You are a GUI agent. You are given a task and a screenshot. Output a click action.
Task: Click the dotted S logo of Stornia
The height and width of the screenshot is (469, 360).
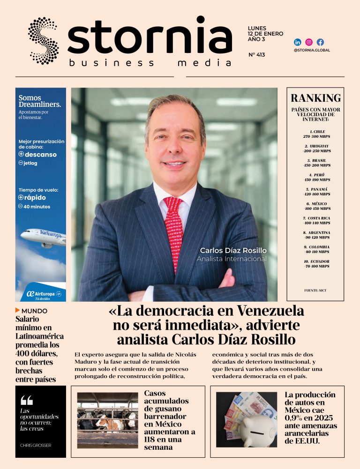click(43, 40)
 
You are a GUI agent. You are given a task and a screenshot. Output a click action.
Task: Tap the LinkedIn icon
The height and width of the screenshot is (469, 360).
click(297, 42)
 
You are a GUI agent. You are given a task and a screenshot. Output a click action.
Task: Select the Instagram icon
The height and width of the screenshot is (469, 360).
click(309, 42)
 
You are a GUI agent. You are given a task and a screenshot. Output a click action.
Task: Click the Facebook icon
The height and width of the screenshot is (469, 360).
click(320, 42)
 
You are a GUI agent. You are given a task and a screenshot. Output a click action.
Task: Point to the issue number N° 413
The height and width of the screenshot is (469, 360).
click(256, 55)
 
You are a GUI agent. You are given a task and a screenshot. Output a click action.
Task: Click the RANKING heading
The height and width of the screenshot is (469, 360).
click(315, 98)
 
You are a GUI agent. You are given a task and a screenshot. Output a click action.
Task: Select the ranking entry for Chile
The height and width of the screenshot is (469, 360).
click(317, 134)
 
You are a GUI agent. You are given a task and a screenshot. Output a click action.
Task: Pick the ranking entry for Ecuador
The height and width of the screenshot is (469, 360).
click(317, 264)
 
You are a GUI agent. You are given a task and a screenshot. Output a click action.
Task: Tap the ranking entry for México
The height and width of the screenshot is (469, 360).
click(317, 206)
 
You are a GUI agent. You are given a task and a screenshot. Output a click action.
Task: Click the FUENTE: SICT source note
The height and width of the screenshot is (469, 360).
click(315, 290)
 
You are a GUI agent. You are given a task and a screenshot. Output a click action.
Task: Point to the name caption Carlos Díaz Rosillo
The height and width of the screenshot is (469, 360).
click(233, 250)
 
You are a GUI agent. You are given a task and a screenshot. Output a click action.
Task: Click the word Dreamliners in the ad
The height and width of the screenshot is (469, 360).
click(39, 104)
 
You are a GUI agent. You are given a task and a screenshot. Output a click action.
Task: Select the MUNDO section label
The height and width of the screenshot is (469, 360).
click(34, 311)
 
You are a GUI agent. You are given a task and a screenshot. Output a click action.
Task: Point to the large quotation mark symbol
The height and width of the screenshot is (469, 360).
click(27, 400)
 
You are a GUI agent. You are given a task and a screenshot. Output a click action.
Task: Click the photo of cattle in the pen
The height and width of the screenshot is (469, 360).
click(107, 420)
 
